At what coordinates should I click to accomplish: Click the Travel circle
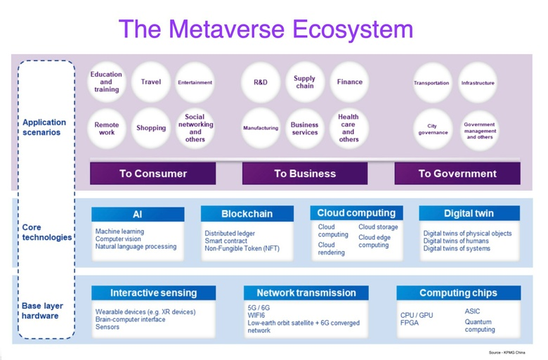[x=151, y=82]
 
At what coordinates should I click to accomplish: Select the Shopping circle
[x=151, y=128]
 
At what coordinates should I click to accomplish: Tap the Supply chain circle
[x=305, y=82]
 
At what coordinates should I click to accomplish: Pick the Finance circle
[x=349, y=82]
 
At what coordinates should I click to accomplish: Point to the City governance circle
[x=433, y=128]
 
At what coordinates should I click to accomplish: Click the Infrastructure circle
[x=478, y=83]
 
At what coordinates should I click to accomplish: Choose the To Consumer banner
[x=152, y=174]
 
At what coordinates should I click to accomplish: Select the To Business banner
[x=305, y=174]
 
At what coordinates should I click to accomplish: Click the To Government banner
[x=457, y=174]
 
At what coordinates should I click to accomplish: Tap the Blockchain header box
[x=247, y=214]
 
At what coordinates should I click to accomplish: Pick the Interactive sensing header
[x=153, y=293]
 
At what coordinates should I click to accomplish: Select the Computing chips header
[x=457, y=293]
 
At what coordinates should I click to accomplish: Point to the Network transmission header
[x=306, y=293]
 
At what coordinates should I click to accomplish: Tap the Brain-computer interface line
[x=131, y=319]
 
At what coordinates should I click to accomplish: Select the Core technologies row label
[x=46, y=233]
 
